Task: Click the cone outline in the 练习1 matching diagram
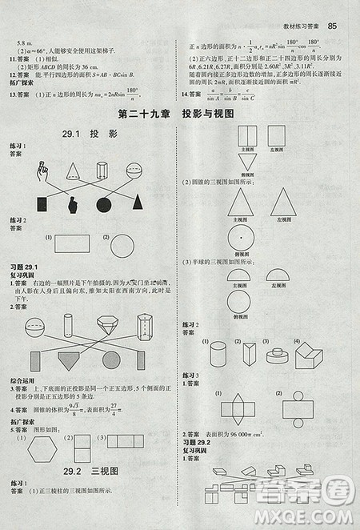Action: pyautogui.click(x=73, y=170)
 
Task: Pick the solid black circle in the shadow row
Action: pyautogui.click(x=103, y=204)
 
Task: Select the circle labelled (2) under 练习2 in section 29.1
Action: pyautogui.click(x=122, y=245)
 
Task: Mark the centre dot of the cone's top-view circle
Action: pyautogui.click(x=241, y=236)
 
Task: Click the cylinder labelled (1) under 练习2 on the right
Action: pyautogui.click(x=218, y=353)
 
